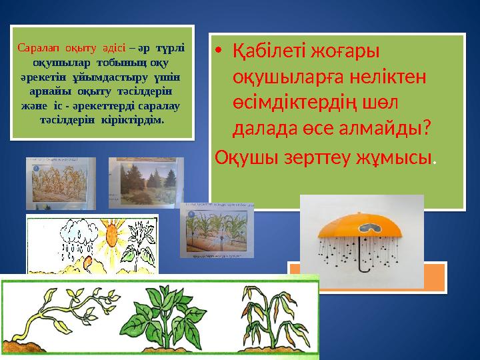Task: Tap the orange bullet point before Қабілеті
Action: click(x=221, y=50)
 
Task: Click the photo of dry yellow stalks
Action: click(x=60, y=183)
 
